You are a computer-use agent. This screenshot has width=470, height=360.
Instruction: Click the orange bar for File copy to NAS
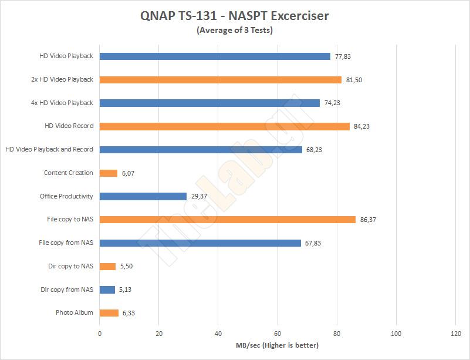click(228, 220)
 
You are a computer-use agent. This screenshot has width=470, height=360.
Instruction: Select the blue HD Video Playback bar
click(215, 56)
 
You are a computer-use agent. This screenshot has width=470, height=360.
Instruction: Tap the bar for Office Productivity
click(143, 196)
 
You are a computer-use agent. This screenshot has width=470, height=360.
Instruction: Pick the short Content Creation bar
click(109, 173)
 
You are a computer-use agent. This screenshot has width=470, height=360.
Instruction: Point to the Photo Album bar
click(109, 313)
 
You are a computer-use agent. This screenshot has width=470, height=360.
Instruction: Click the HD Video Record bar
click(225, 126)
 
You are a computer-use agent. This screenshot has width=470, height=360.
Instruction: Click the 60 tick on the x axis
click(278, 334)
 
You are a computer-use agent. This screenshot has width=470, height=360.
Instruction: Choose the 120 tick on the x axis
click(455, 334)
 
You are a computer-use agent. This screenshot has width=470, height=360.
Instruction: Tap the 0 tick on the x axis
click(100, 334)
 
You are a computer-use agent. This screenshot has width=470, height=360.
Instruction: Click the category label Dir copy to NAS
click(70, 266)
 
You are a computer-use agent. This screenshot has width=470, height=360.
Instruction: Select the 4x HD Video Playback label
click(62, 103)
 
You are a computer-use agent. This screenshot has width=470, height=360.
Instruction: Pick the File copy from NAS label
click(66, 243)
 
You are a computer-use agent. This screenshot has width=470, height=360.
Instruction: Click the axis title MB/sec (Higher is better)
click(278, 345)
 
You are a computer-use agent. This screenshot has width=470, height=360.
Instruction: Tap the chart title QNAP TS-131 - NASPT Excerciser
click(235, 16)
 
